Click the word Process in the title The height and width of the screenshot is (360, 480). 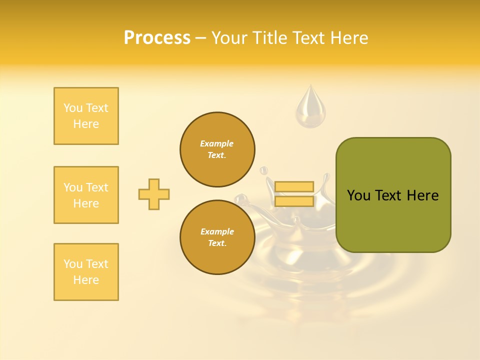point(157,38)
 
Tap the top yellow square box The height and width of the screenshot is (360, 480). point(86,116)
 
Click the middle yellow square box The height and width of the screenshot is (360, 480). point(86,195)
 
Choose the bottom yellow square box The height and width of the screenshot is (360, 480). point(86,272)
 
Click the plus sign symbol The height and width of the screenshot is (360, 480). point(154,194)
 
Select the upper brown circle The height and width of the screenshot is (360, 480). point(217,149)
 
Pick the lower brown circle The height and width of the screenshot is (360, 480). point(217,237)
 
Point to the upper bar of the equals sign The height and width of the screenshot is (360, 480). point(294,186)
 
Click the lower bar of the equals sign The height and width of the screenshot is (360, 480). point(294,201)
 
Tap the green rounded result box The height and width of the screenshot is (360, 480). point(393,195)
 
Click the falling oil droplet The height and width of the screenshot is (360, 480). point(310,107)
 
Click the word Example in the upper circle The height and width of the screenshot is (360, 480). point(216,143)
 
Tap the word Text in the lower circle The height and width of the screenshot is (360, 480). point(216,243)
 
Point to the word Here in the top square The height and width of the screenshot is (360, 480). point(86,124)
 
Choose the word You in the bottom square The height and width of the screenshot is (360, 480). point(72,264)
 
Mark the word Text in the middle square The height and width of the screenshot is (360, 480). point(97,187)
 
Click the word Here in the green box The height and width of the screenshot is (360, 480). point(422,195)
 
